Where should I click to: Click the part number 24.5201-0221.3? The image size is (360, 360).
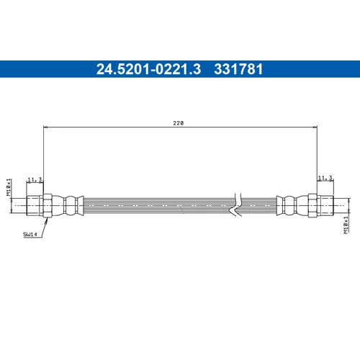148,69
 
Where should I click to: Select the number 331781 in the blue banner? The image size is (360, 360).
238,69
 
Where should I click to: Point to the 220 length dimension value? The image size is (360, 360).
179,123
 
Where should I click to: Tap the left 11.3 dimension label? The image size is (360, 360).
35,179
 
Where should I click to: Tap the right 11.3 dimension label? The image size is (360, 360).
325,178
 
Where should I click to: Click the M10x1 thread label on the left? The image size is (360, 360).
9,187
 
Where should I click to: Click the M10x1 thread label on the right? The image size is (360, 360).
346,225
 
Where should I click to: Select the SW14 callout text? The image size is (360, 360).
30,234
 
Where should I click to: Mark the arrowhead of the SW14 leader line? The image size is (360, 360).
47,220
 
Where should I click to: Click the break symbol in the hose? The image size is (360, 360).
236,204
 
